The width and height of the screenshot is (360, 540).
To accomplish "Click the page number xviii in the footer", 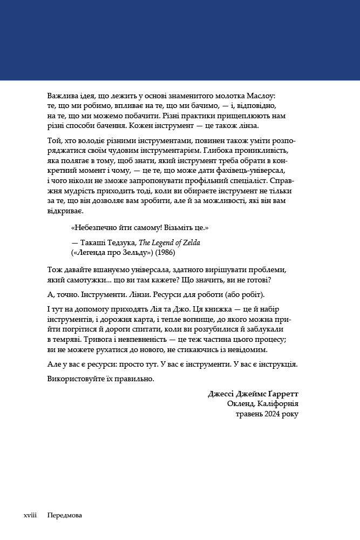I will coord(30,516).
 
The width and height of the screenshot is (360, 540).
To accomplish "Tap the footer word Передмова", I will coord(64,516).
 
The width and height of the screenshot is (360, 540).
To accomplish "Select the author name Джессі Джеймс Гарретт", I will coord(253,394).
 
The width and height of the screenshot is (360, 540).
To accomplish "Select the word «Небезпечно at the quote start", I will coord(93,228).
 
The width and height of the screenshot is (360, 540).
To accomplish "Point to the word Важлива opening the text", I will coord(61,96).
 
